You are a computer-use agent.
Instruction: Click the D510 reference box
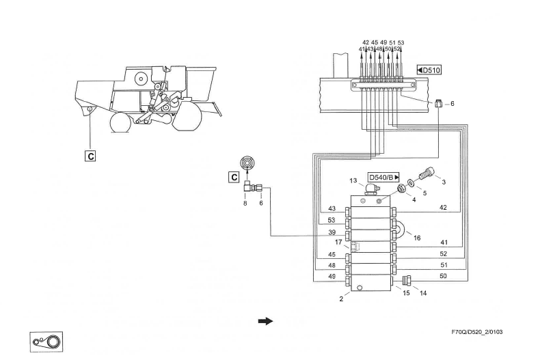[x=429, y=70]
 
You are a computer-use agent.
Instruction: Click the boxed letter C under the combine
[x=90, y=155]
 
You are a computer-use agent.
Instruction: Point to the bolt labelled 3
[x=427, y=174]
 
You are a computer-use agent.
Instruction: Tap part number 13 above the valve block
[x=353, y=180]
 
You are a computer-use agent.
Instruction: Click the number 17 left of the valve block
[x=338, y=241]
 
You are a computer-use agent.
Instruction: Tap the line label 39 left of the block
[x=332, y=232]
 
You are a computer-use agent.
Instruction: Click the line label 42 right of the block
[x=442, y=208]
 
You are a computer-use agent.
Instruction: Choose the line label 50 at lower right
[x=442, y=276]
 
